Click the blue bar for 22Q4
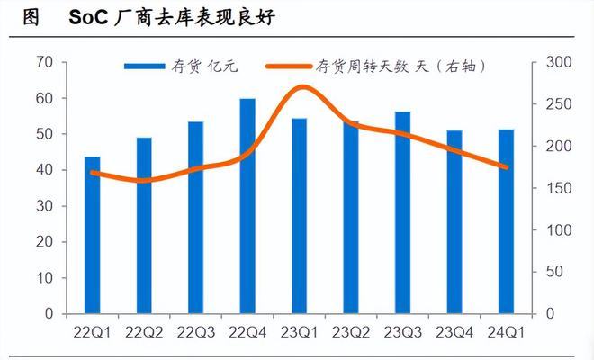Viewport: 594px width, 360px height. coord(247,206)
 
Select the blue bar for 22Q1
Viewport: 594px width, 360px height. coord(93,235)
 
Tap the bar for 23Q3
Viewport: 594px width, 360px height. coord(402,212)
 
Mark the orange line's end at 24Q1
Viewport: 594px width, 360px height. coord(507,167)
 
